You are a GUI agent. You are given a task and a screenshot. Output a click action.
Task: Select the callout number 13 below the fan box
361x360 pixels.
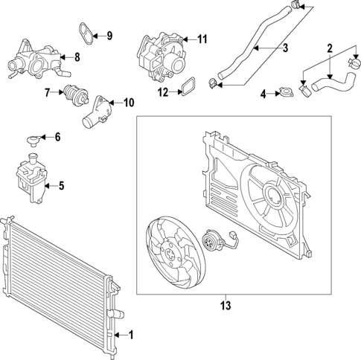(x=226, y=304)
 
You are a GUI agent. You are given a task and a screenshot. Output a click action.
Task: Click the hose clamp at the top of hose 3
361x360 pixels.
(x=296, y=6)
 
